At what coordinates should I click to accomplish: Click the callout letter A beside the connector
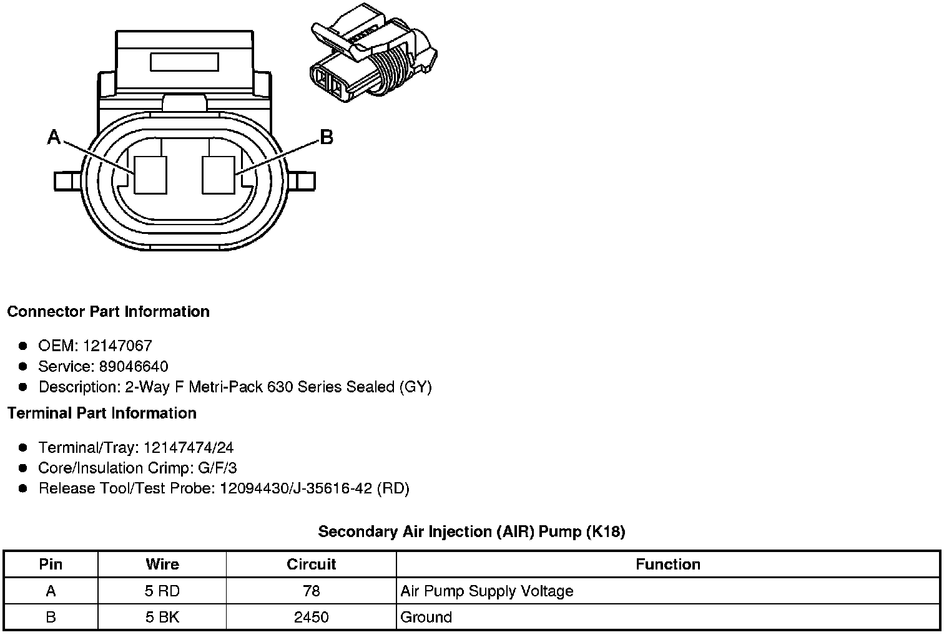point(54,137)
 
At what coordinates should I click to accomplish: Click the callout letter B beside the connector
point(326,137)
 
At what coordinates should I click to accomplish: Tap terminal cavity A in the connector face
point(151,174)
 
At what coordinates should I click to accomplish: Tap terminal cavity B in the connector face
point(219,174)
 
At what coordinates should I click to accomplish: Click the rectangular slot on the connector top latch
point(184,62)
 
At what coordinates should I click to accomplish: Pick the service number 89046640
point(134,366)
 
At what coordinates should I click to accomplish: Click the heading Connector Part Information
point(108,311)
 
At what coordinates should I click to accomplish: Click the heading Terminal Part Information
point(102,413)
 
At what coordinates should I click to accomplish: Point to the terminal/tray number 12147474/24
point(189,447)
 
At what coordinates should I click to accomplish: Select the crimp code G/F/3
point(216,468)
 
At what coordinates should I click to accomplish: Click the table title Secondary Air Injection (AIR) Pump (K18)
point(471,531)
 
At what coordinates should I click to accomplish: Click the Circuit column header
point(311,565)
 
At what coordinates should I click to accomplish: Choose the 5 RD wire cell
point(162,591)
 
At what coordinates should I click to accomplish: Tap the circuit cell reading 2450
point(311,617)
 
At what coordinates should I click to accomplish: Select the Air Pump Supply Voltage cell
point(487,591)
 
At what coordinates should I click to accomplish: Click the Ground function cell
point(426,617)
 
